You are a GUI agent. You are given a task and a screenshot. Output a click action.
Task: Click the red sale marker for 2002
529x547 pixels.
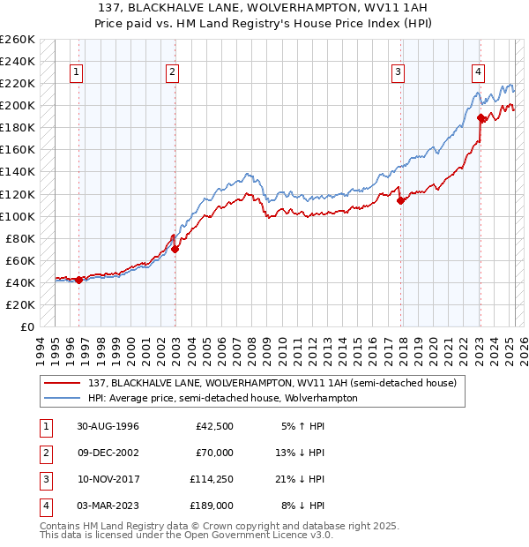[x=175, y=249]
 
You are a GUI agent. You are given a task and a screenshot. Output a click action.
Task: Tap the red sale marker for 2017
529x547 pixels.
[x=401, y=200]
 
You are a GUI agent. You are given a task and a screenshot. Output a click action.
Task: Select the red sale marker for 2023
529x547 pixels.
[x=481, y=117]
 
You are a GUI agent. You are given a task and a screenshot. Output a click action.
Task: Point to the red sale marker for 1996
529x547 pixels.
[x=78, y=280]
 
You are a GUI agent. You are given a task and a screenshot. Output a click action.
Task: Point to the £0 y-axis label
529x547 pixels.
[x=26, y=326]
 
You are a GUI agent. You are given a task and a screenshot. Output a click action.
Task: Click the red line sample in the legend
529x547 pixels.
[x=63, y=384]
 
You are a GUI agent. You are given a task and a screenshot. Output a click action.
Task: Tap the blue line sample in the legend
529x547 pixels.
[x=63, y=398]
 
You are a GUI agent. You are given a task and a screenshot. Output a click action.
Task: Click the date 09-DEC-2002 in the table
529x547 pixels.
[x=108, y=453]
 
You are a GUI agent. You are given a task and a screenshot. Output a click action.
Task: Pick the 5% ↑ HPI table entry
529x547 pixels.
[x=302, y=426]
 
